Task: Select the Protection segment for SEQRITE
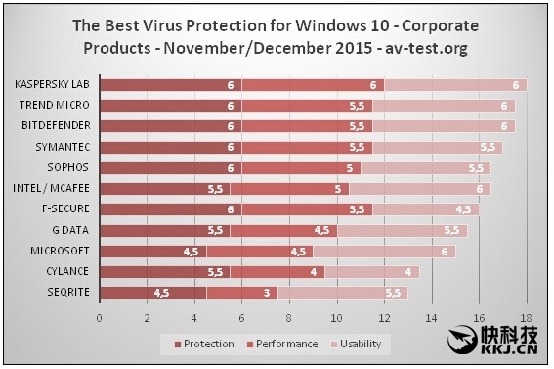click(152, 292)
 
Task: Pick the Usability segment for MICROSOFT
click(384, 251)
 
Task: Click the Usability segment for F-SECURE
click(426, 208)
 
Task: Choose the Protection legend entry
click(204, 344)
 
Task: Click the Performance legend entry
click(282, 344)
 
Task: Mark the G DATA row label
click(76, 230)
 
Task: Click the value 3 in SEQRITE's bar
click(265, 292)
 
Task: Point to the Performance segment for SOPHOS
click(302, 167)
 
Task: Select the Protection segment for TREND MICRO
click(170, 106)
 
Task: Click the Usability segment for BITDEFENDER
click(444, 126)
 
